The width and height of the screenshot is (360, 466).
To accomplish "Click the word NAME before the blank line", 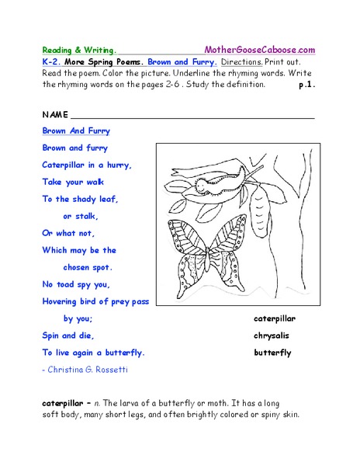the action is coord(54,114).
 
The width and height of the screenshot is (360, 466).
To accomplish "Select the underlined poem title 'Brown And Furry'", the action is coord(76,131).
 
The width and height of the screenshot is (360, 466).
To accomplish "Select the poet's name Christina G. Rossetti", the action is coord(88,370).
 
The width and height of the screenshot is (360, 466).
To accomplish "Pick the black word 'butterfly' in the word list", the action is coord(272,353).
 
